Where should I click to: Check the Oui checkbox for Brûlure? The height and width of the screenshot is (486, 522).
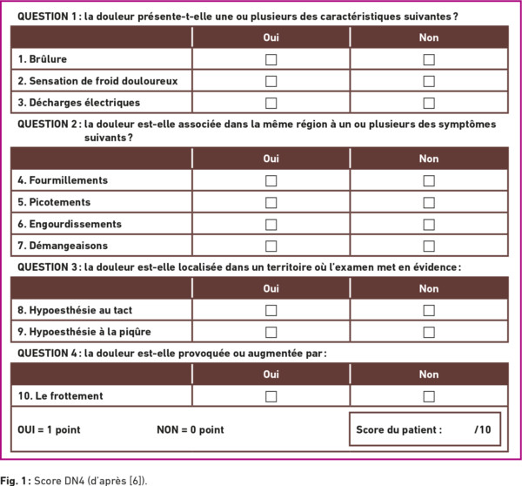pos(271,59)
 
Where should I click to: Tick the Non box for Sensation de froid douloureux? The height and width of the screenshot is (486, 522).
pos(429,81)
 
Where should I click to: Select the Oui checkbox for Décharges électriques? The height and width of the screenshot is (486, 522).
pos(271,103)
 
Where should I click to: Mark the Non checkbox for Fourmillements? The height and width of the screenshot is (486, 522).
pos(429,180)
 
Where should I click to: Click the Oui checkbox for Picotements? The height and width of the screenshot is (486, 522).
pos(271,202)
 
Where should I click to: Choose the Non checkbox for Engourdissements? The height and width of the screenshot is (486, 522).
pos(429,224)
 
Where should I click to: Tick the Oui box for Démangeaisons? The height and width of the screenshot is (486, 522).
pos(271,246)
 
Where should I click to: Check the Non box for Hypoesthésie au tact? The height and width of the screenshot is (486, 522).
pos(429,310)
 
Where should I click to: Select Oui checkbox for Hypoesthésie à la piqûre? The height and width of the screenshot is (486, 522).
pos(271,332)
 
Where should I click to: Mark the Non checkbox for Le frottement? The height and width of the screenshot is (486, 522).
pos(429,396)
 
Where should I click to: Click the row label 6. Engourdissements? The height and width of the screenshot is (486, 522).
pos(70,224)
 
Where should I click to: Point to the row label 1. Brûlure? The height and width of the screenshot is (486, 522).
pos(43,59)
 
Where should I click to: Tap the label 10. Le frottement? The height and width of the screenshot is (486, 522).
pos(60,396)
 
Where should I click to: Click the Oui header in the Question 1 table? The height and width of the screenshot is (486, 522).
pos(271,37)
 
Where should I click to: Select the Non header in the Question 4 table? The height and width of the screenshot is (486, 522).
pos(429,375)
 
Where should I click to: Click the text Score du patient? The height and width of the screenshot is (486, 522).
pos(398,429)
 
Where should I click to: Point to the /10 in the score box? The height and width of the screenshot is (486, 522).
pos(483,429)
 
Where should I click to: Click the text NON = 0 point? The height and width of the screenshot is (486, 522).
pos(190,429)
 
